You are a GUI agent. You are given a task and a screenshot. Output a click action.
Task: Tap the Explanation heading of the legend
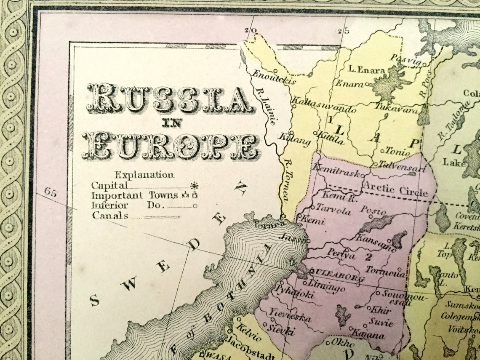[x=144, y=175]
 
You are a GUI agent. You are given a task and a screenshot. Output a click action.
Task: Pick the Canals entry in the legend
[x=110, y=216]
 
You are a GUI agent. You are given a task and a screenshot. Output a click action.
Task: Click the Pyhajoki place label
[x=295, y=292]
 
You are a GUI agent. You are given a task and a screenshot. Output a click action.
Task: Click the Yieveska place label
[x=291, y=315]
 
